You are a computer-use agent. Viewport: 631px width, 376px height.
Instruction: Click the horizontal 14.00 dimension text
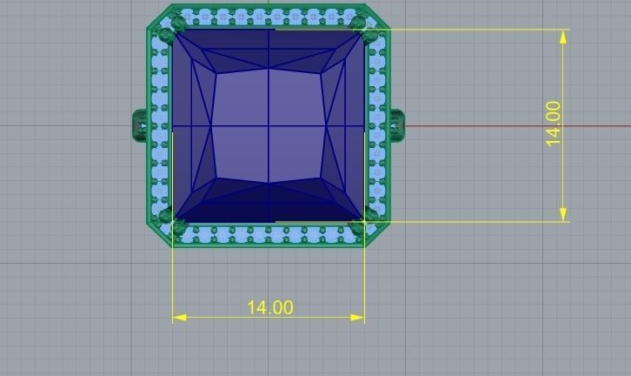[269, 307]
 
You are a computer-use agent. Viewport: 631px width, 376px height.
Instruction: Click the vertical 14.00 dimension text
[553, 124]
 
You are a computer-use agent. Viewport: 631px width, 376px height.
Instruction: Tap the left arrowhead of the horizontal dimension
[178, 318]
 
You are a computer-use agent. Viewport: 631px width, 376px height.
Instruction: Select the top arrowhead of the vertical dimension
[564, 36]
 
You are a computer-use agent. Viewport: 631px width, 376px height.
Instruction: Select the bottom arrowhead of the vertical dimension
[564, 214]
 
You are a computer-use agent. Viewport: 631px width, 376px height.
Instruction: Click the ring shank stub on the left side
[140, 124]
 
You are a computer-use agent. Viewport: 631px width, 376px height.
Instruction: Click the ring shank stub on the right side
[396, 124]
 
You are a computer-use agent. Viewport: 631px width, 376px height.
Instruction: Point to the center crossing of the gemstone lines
[269, 127]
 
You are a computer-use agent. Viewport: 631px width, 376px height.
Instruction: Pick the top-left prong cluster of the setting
[171, 29]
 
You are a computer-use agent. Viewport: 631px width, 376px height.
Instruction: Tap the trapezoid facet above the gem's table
[269, 55]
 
